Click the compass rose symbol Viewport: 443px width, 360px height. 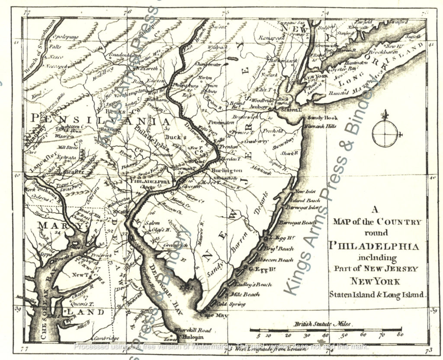pyautogui.click(x=384, y=133)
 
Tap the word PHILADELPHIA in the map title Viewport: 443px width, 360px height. pyautogui.click(x=374, y=247)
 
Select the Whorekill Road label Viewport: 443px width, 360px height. pyautogui.click(x=192, y=331)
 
